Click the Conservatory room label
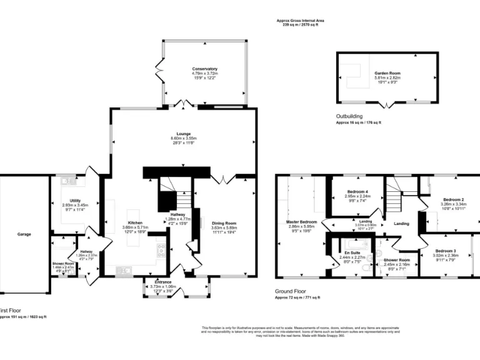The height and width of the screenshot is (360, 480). (204, 68)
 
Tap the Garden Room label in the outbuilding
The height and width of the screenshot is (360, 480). (387, 73)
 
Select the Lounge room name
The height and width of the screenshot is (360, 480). (183, 133)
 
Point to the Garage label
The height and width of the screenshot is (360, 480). (24, 234)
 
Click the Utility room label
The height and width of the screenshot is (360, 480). (75, 201)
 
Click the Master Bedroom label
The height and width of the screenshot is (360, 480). (301, 222)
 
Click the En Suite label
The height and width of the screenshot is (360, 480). (352, 252)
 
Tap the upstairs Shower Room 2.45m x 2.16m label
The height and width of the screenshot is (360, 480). (397, 260)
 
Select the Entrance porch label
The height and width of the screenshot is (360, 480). (167, 282)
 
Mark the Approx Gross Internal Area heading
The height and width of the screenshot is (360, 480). (300, 21)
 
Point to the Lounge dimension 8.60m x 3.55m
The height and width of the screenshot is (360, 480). (183, 138)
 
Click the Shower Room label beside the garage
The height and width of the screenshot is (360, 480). (62, 264)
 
